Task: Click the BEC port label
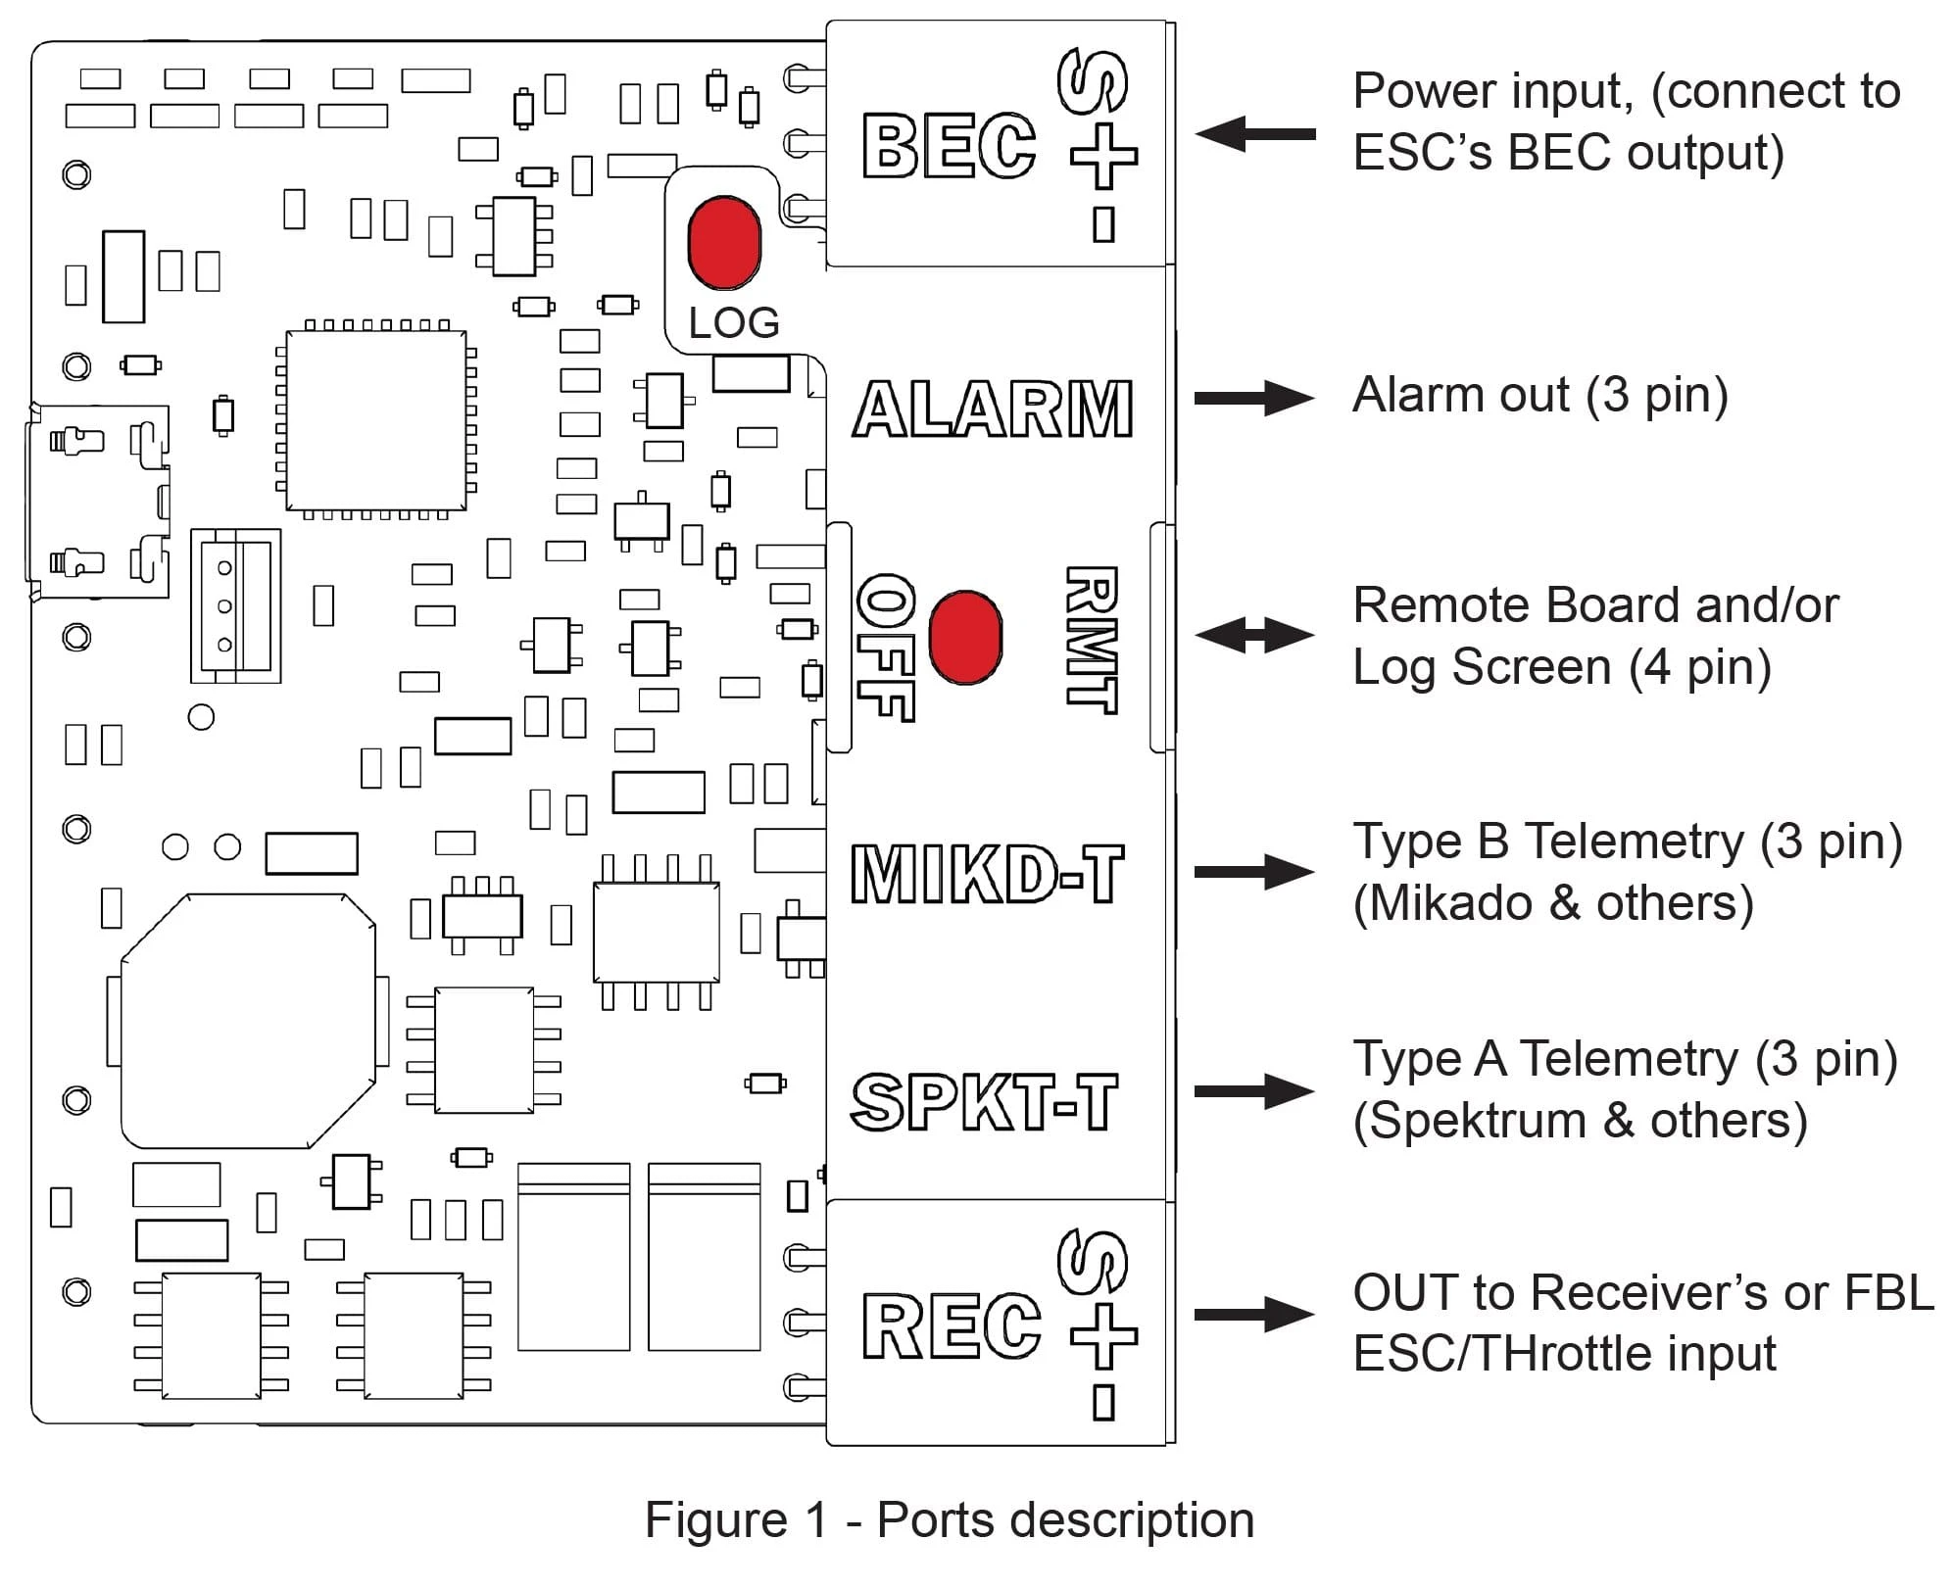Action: point(948,147)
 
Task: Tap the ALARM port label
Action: point(993,409)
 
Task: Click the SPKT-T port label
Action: point(984,1101)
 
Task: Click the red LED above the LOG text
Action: point(724,242)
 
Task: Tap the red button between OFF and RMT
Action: point(964,637)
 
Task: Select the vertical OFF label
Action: point(885,647)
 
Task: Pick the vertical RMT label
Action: point(1091,639)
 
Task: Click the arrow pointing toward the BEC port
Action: point(1254,134)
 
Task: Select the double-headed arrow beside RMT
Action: point(1254,635)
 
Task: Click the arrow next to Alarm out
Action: point(1254,398)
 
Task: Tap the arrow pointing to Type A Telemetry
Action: point(1254,1090)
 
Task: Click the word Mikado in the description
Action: point(1450,903)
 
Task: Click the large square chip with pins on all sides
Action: point(375,420)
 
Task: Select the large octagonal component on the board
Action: point(248,1020)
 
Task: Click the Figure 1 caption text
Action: point(949,1520)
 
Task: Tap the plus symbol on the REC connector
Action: point(1103,1335)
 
